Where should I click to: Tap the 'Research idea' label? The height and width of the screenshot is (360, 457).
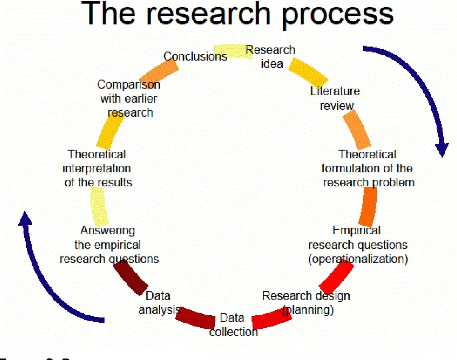[x=271, y=57]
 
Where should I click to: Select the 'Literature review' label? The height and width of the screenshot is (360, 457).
[x=335, y=98]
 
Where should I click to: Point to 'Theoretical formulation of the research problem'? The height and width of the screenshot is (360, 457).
[x=367, y=168]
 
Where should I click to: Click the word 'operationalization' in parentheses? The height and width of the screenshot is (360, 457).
[x=358, y=260]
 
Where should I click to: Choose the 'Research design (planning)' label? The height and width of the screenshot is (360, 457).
[x=306, y=303]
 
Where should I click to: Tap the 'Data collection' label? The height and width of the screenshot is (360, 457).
[x=233, y=325]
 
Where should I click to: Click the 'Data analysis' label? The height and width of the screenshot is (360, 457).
[x=158, y=303]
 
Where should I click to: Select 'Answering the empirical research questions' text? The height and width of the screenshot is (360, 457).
[x=109, y=245]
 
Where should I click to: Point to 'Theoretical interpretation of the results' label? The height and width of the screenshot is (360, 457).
[x=98, y=168]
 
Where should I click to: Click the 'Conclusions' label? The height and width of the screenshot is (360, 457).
[x=195, y=57]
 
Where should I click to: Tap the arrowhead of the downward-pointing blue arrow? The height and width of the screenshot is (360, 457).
[x=442, y=149]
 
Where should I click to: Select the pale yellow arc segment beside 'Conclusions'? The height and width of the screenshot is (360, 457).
[x=231, y=51]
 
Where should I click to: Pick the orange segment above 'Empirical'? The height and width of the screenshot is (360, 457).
[x=369, y=207]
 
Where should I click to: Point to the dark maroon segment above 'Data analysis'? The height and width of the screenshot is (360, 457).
[x=130, y=277]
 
